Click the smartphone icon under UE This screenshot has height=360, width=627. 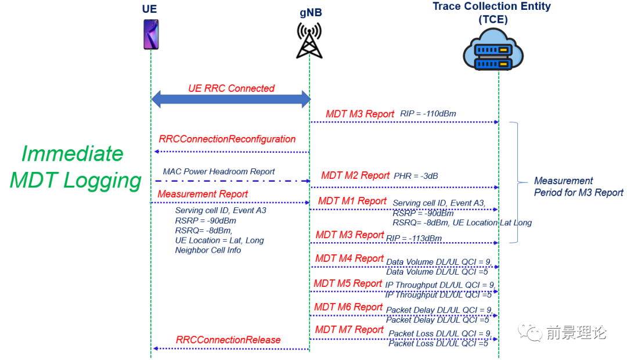[x=150, y=34]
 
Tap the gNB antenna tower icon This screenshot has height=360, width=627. [x=309, y=41]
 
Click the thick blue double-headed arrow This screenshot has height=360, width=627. [x=231, y=99]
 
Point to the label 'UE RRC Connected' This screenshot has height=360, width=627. [x=231, y=88]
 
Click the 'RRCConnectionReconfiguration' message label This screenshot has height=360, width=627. [x=227, y=139]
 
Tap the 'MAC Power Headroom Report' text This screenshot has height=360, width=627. [x=219, y=172]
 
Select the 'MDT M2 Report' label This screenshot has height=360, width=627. [x=355, y=175]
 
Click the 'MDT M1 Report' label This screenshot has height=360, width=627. [x=352, y=201]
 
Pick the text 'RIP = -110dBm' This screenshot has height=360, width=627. [x=428, y=114]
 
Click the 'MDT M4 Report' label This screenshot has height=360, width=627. [x=349, y=258]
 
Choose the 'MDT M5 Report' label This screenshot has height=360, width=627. [x=348, y=283]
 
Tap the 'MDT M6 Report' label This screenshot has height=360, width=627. [x=348, y=307]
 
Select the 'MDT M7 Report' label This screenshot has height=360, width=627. [x=349, y=330]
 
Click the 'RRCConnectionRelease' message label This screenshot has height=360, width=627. [x=228, y=340]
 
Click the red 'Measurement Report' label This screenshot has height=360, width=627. [x=203, y=194]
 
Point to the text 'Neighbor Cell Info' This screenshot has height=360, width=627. [x=208, y=250]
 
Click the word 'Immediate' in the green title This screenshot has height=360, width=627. [x=72, y=154]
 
